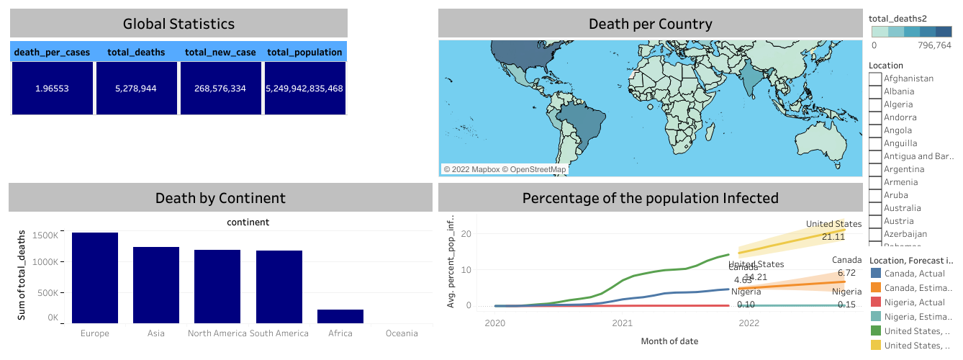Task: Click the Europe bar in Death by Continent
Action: pos(95,278)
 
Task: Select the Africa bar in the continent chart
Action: pos(340,316)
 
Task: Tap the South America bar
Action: pos(279,287)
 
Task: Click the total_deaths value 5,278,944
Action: pos(137,89)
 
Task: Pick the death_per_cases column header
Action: pos(52,52)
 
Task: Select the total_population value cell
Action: pos(304,89)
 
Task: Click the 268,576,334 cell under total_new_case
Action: pos(220,89)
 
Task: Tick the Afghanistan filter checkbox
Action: pos(875,78)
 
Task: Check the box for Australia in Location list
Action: pos(875,208)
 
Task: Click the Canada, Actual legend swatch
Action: pos(876,273)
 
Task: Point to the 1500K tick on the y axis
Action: pos(45,235)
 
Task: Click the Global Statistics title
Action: pos(178,24)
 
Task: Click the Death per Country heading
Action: pos(650,24)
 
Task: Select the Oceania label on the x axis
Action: pos(402,333)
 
